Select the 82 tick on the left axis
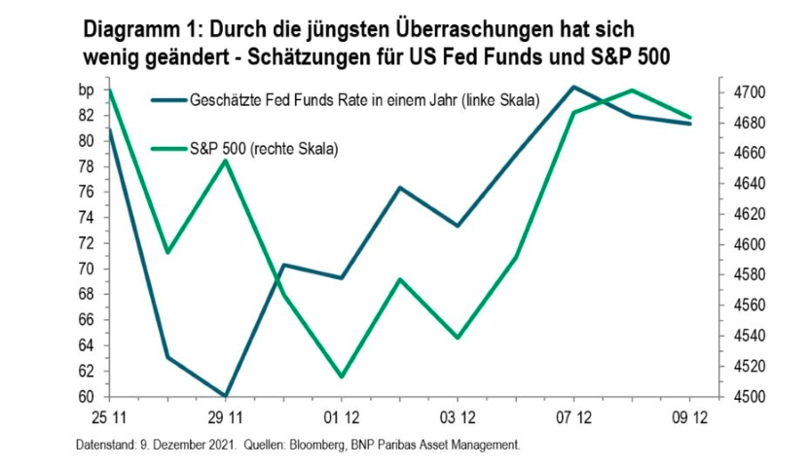tap(86, 115)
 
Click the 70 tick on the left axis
tap(86, 269)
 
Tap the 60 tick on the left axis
tap(86, 397)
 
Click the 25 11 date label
tap(108, 418)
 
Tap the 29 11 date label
tap(225, 418)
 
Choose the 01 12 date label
tap(341, 418)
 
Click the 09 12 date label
tap(689, 418)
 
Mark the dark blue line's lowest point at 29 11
tap(225, 396)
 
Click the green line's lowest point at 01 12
tap(341, 377)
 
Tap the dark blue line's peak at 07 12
tap(573, 87)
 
